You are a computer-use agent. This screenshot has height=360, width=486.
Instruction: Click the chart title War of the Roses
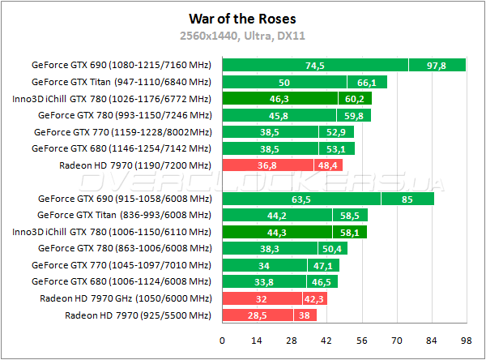(x=242, y=18)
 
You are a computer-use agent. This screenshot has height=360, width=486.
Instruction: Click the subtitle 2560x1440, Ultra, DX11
(x=242, y=35)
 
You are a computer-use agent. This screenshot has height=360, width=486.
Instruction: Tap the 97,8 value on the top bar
(x=437, y=66)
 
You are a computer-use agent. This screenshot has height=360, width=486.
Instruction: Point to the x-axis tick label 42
(x=326, y=341)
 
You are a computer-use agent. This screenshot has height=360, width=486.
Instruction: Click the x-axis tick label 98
(x=466, y=341)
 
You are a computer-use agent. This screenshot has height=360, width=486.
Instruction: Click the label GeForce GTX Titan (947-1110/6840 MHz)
(x=121, y=82)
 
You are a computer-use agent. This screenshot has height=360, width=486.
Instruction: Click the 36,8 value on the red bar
(x=268, y=165)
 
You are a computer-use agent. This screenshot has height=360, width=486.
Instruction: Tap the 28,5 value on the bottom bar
(x=256, y=315)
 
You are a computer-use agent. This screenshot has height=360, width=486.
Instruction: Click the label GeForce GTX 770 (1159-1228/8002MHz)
(x=122, y=132)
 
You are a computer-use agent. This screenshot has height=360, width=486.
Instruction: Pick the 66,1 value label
(x=367, y=82)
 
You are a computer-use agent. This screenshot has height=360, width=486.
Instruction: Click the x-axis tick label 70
(x=396, y=341)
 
